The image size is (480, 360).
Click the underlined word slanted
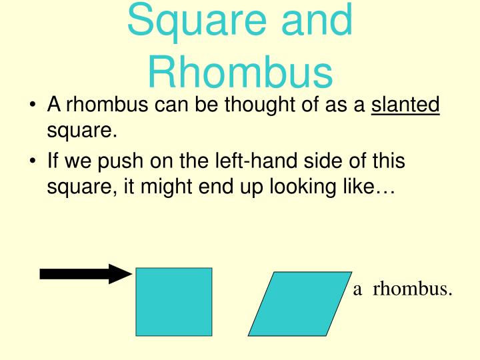(x=405, y=105)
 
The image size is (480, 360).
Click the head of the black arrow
(x=122, y=273)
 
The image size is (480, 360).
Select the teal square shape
(x=174, y=301)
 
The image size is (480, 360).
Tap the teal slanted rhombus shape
(x=299, y=303)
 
